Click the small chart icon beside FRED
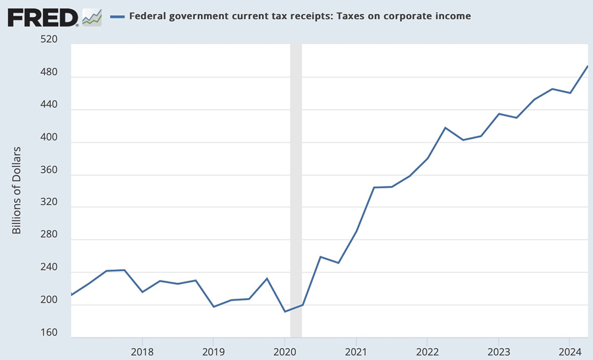click(92, 16)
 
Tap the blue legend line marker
click(117, 16)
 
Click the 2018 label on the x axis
click(142, 350)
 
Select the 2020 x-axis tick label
click(285, 350)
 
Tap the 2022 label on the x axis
click(427, 350)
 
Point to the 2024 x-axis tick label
click(569, 350)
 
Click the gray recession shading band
click(296, 191)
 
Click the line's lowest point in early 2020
click(285, 311)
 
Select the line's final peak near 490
click(587, 67)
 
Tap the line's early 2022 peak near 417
click(445, 128)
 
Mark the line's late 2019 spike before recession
click(267, 278)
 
